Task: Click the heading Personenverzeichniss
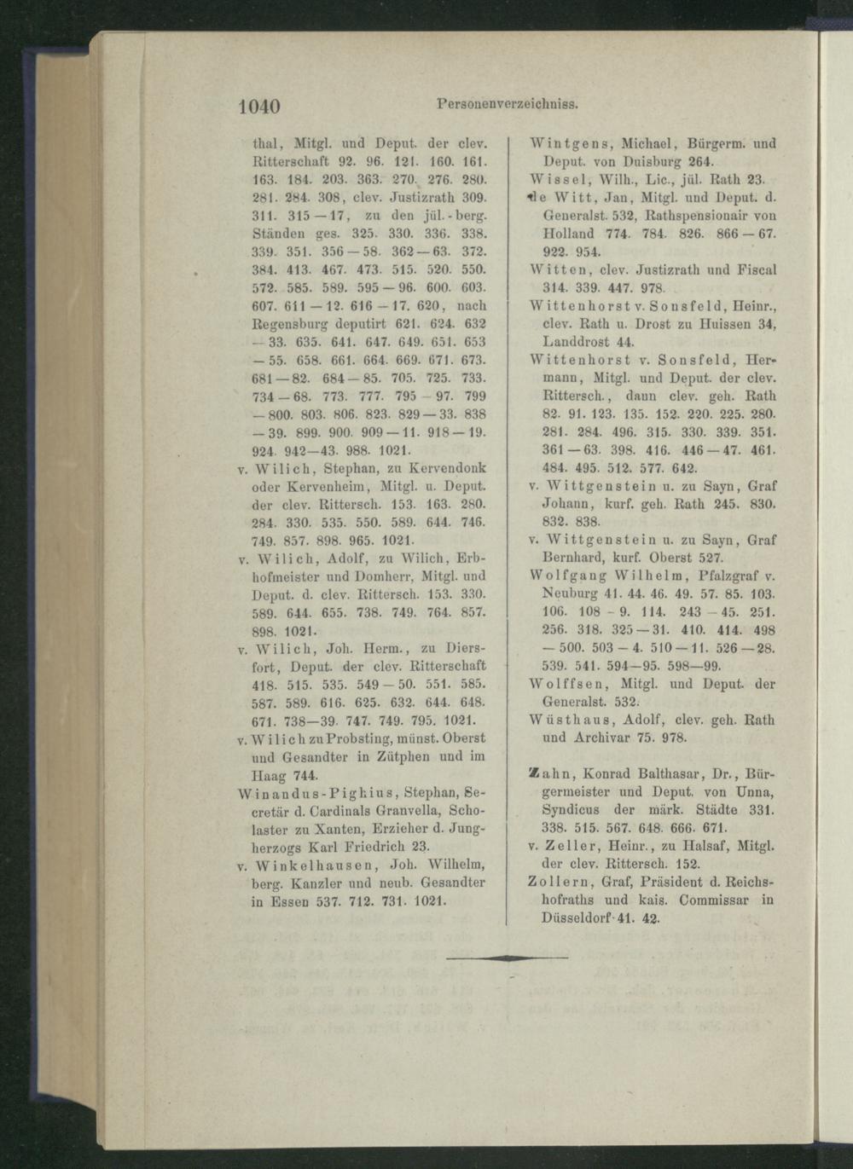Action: [508, 106]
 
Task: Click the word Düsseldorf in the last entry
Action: [577, 918]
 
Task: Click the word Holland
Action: [568, 233]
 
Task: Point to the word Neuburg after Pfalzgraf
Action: [571, 592]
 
